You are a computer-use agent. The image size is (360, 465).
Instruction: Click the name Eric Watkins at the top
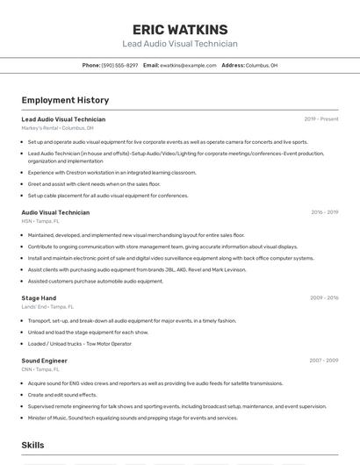[179, 30]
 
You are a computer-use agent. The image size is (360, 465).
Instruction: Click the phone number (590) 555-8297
[119, 65]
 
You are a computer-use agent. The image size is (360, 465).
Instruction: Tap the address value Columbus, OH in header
[262, 65]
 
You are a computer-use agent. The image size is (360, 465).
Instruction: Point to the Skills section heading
[33, 446]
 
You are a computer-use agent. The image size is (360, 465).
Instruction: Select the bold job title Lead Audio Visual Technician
[63, 119]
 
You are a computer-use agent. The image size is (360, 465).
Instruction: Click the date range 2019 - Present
[321, 119]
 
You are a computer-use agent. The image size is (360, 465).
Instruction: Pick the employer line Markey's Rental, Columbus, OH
[57, 128]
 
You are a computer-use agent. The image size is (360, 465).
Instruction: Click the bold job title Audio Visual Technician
[55, 212]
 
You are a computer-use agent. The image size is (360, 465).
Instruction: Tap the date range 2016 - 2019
[324, 212]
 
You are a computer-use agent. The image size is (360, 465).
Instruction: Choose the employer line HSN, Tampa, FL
[40, 221]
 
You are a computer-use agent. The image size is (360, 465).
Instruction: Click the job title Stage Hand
[39, 298]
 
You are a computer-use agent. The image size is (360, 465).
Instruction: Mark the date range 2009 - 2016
[324, 298]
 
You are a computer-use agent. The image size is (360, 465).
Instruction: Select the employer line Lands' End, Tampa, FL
[47, 307]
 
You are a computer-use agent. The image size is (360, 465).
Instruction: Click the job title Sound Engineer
[44, 361]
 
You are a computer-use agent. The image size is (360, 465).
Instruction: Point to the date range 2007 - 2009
[324, 361]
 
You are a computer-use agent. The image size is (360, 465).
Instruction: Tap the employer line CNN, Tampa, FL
[40, 369]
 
